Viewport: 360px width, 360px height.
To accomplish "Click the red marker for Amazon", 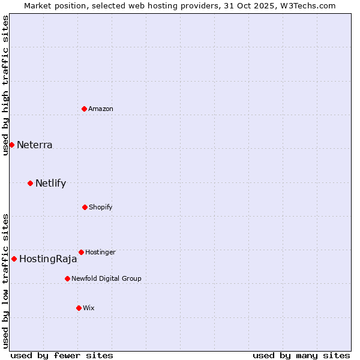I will (85, 109).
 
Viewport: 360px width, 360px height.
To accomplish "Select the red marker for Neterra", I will (11, 145).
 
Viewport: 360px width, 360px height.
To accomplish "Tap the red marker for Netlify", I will (30, 183).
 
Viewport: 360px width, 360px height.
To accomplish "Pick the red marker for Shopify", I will (85, 207).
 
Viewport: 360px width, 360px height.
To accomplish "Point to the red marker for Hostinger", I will (81, 252).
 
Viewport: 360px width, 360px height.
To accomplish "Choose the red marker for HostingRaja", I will (14, 259).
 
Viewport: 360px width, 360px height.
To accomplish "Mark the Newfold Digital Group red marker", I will (67, 278).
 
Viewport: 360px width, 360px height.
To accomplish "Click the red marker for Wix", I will (79, 308).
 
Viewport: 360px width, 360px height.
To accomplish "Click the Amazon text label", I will (101, 109).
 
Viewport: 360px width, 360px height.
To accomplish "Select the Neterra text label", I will (35, 145).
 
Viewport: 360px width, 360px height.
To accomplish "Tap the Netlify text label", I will (51, 183).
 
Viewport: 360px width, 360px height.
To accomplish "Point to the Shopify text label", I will (101, 207).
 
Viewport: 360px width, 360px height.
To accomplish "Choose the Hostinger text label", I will (100, 252).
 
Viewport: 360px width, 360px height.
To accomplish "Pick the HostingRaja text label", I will (48, 259).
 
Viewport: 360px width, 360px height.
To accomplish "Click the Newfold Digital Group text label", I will (106, 278).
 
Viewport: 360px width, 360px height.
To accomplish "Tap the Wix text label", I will (89, 308).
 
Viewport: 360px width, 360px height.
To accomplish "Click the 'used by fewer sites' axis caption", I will (62, 355).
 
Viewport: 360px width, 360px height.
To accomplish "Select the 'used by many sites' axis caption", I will (301, 355).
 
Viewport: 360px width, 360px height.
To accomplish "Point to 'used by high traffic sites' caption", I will (5, 86).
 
